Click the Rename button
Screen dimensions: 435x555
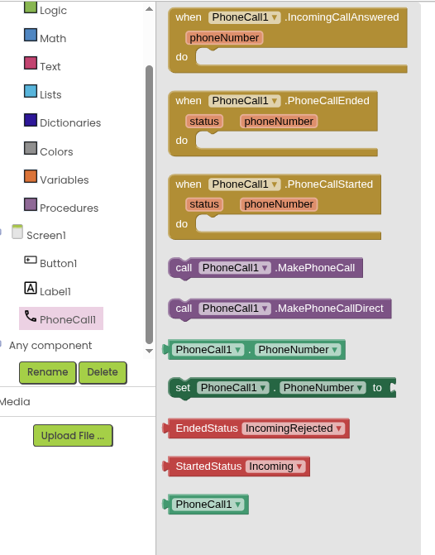pos(47,372)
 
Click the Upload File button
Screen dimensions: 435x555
pos(73,435)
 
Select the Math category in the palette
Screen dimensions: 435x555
pos(53,38)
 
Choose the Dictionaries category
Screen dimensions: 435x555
pos(70,122)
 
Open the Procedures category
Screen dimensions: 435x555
pos(69,208)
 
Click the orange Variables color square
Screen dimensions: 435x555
pos(31,176)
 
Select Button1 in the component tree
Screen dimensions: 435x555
pos(59,263)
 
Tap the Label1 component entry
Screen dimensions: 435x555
pos(55,291)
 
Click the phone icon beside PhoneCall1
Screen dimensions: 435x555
pos(31,316)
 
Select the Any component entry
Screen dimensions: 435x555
pos(50,345)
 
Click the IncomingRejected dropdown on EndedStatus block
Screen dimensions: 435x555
pos(294,428)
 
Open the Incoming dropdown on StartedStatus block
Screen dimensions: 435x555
pos(275,466)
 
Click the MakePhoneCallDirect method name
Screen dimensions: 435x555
pos(329,309)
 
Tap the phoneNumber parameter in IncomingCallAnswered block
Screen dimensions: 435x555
pos(224,38)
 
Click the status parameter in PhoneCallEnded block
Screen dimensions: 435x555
pos(204,122)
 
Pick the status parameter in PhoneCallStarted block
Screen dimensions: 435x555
pos(204,204)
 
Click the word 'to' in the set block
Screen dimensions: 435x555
pos(377,388)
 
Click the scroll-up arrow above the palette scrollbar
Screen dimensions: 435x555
pos(150,9)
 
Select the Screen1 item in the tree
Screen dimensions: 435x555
pos(46,235)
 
